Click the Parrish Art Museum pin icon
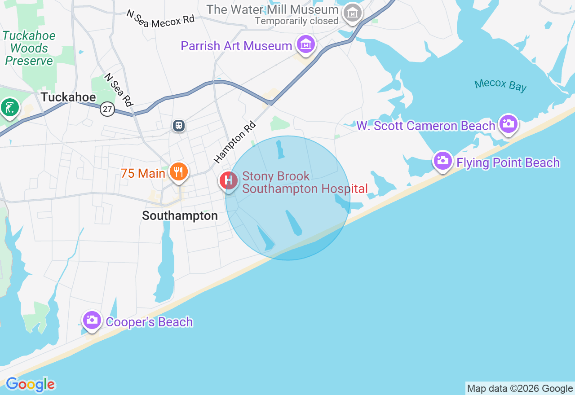pyautogui.click(x=305, y=45)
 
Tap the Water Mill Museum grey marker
pyautogui.click(x=352, y=13)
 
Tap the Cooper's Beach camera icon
pyautogui.click(x=92, y=320)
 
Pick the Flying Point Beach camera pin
pyautogui.click(x=442, y=160)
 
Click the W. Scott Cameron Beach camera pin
pyautogui.click(x=508, y=123)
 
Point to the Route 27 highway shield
pyautogui.click(x=107, y=109)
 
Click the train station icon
pyautogui.click(x=179, y=126)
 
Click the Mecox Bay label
pyautogui.click(x=500, y=85)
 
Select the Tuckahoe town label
pyautogui.click(x=68, y=97)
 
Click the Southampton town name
pyautogui.click(x=180, y=216)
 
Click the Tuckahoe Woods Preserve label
pyautogui.click(x=29, y=48)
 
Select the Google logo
pyautogui.click(x=30, y=385)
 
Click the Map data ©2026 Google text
pyautogui.click(x=520, y=389)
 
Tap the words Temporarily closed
pyautogui.click(x=296, y=21)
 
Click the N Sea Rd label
pyautogui.click(x=119, y=90)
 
